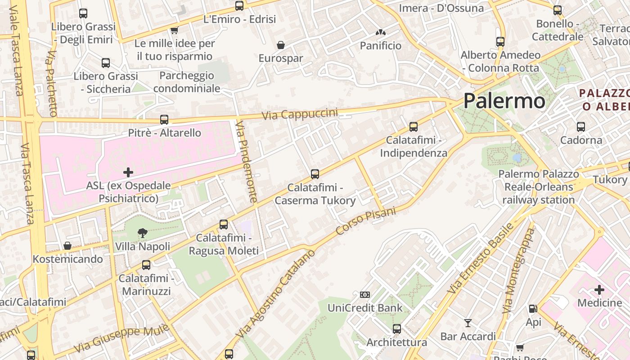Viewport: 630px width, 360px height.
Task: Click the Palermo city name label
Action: [504, 100]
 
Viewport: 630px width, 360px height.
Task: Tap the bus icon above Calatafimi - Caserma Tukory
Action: [315, 174]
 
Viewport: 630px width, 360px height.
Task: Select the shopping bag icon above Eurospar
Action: [281, 45]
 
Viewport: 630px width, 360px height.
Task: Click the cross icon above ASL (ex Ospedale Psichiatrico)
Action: [128, 172]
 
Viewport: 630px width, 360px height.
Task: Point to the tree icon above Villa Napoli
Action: [143, 233]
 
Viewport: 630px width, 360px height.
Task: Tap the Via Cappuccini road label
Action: [300, 114]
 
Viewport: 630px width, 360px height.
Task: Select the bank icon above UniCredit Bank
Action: [365, 295]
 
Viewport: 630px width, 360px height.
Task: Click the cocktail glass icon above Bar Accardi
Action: [468, 323]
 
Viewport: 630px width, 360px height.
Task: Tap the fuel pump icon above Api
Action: [533, 309]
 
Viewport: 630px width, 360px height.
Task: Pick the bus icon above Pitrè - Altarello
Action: [164, 120]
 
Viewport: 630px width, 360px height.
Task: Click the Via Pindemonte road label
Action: [247, 161]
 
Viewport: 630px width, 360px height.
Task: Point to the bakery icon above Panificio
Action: [381, 33]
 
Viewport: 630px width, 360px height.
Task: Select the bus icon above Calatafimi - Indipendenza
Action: [414, 127]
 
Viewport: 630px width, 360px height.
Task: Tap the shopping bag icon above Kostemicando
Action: [67, 246]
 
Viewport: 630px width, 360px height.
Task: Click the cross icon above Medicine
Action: [599, 289]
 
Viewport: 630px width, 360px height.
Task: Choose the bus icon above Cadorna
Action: [581, 127]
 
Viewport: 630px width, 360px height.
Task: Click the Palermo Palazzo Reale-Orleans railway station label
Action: [539, 187]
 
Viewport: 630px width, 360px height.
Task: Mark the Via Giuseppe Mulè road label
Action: [121, 338]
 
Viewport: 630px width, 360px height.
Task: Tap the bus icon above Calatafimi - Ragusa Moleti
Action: [224, 225]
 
